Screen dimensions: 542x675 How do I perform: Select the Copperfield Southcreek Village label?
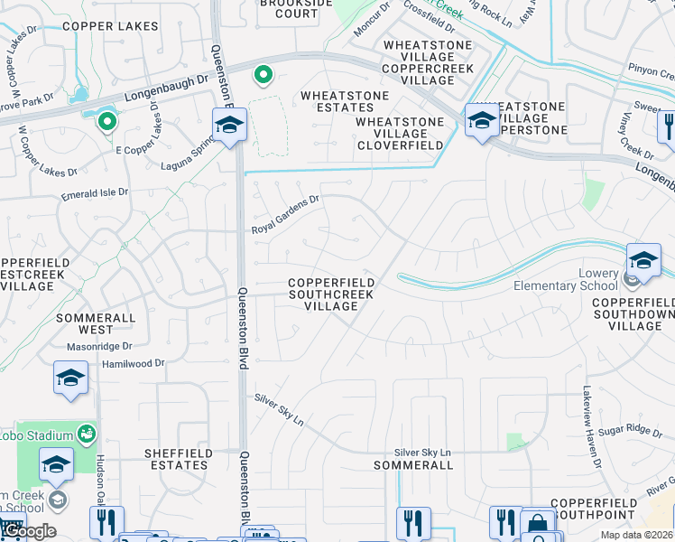click(331, 294)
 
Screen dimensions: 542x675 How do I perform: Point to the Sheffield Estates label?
click(179, 459)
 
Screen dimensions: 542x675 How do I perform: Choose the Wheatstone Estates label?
click(345, 101)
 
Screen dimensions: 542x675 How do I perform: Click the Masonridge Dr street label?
click(99, 346)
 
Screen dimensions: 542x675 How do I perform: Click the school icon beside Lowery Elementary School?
click(643, 260)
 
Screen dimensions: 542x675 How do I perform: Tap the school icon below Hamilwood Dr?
click(70, 378)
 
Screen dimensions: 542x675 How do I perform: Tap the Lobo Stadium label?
click(50, 435)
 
